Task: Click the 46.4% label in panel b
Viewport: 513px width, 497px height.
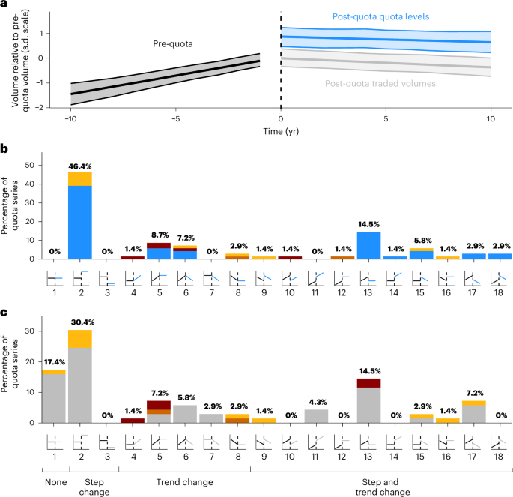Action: [x=79, y=166]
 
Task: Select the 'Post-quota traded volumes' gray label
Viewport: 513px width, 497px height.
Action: [x=380, y=84]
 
